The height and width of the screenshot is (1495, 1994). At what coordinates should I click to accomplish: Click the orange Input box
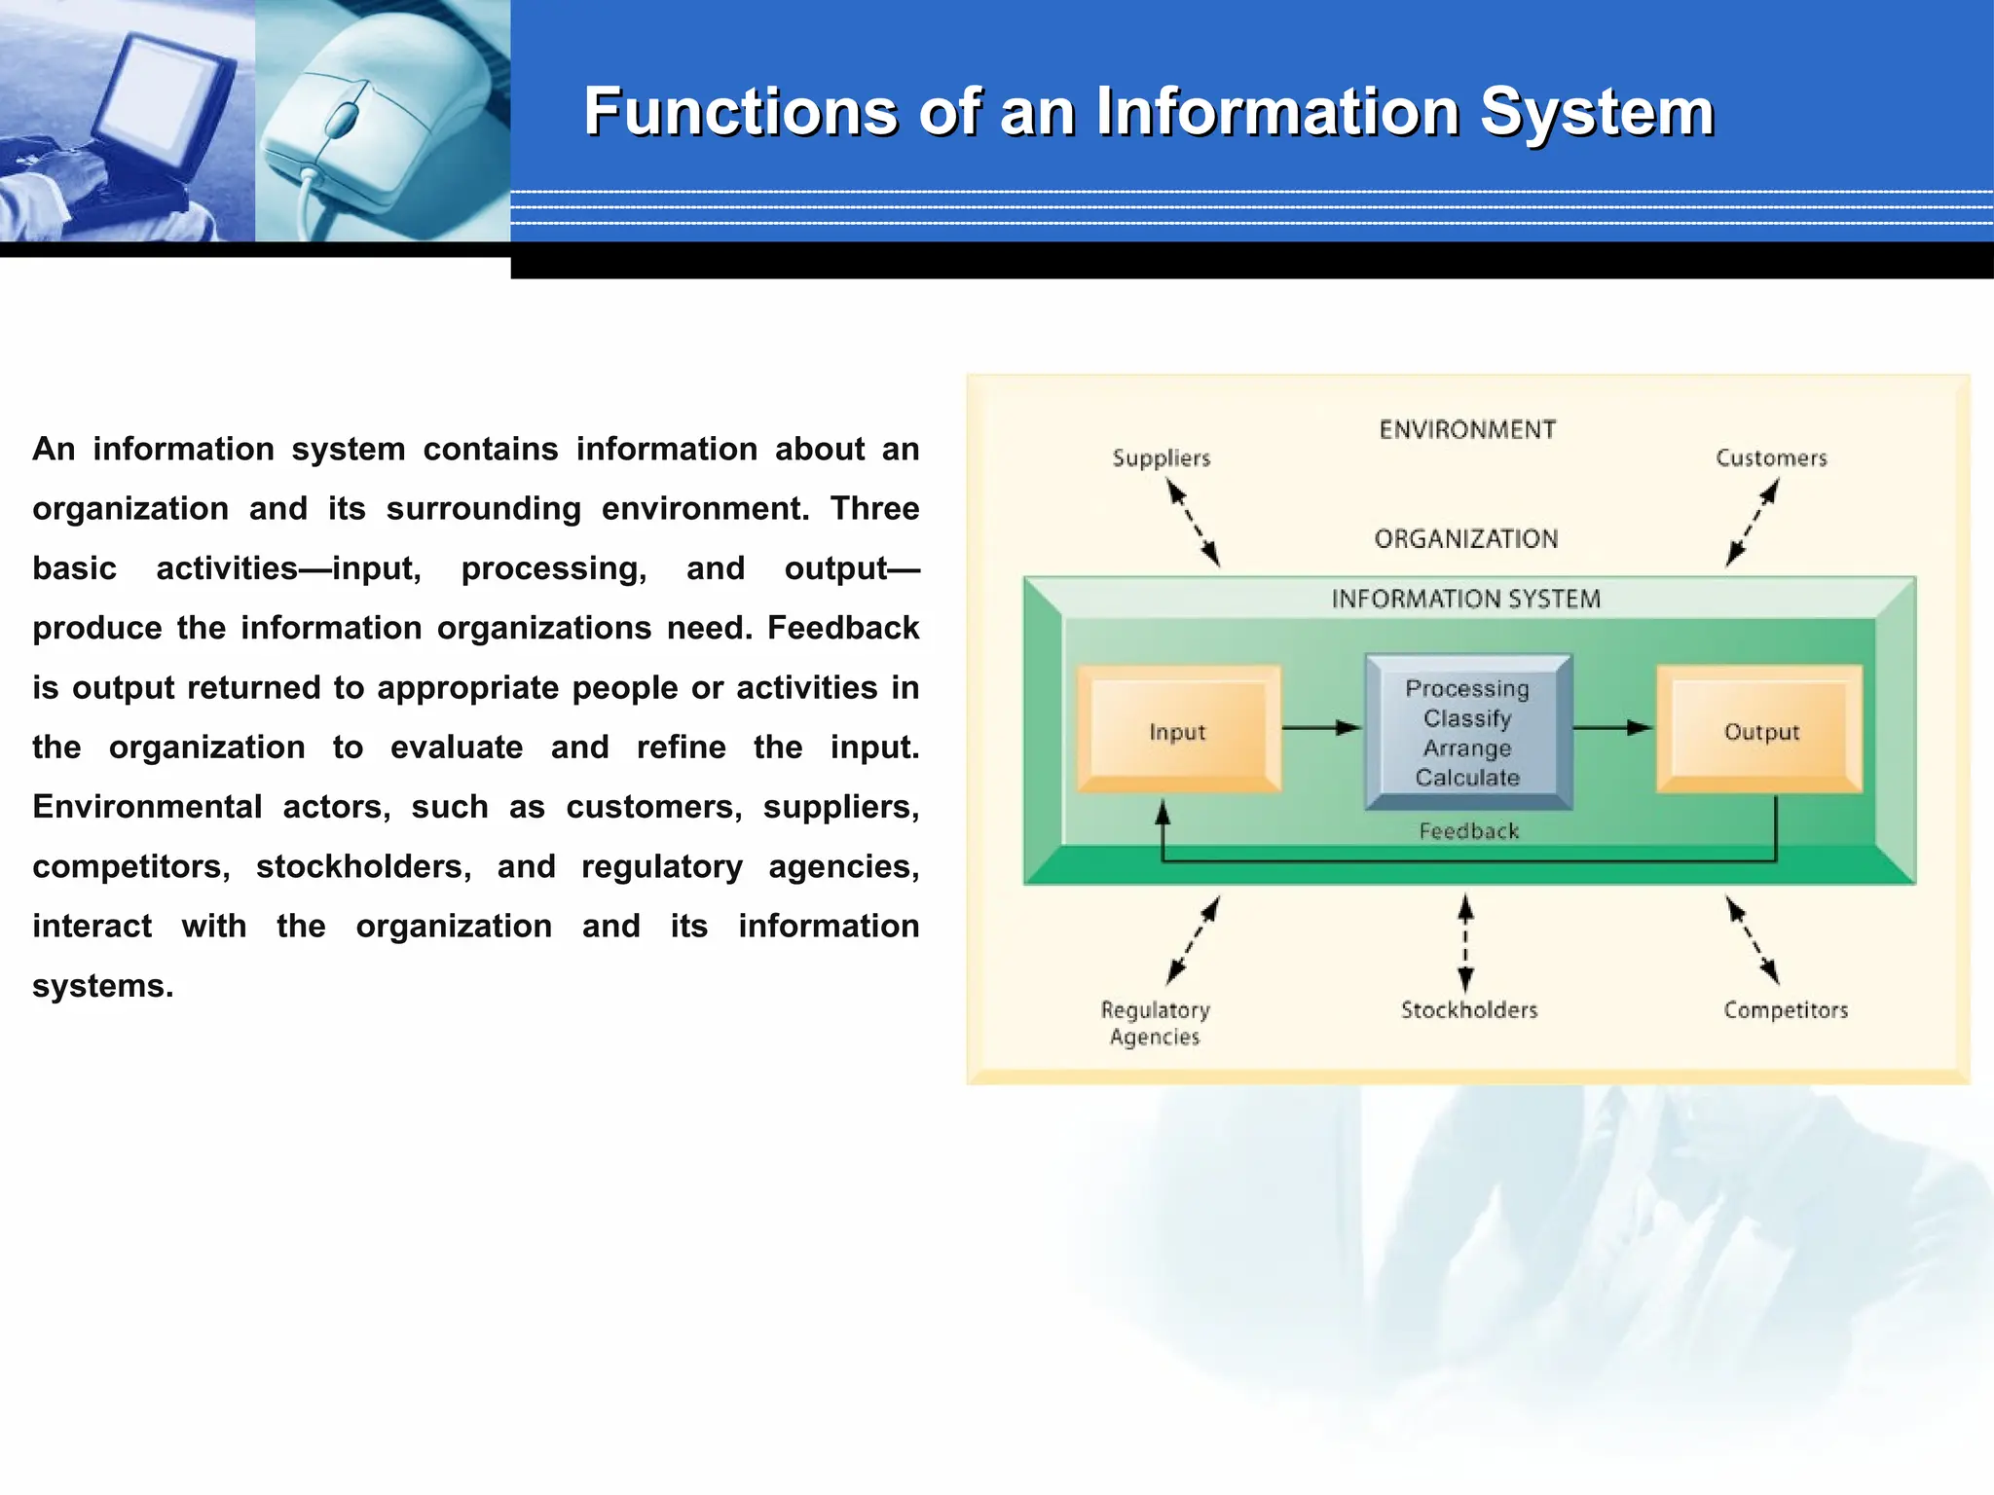(1178, 730)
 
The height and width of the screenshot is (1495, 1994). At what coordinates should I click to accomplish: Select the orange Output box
(1760, 730)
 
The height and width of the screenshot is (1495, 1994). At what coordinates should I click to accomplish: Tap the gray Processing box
(1467, 732)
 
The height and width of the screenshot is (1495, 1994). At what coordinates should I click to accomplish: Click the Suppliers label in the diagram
(1161, 457)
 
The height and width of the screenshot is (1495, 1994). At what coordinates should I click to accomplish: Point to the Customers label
(1771, 457)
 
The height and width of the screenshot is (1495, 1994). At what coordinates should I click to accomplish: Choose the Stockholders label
(1468, 1010)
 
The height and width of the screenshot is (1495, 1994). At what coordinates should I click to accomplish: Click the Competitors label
(1785, 1010)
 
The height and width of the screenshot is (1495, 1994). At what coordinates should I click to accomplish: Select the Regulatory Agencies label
(1155, 1023)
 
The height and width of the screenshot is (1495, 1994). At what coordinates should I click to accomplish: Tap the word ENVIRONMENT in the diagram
(1467, 430)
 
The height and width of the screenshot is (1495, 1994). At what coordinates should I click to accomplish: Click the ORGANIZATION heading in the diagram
(1465, 539)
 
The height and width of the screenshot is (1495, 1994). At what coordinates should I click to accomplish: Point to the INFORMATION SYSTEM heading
(1465, 599)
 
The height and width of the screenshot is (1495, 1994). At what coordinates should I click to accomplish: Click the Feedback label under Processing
(1468, 831)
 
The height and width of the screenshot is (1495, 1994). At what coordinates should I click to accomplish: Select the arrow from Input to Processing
(1321, 727)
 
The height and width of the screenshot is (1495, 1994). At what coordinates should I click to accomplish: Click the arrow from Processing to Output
(1612, 727)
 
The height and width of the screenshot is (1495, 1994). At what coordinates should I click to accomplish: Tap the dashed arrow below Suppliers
(1194, 524)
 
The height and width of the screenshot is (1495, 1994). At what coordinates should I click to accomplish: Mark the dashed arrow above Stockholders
(1465, 943)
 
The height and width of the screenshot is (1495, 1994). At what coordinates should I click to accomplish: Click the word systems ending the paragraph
(102, 986)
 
